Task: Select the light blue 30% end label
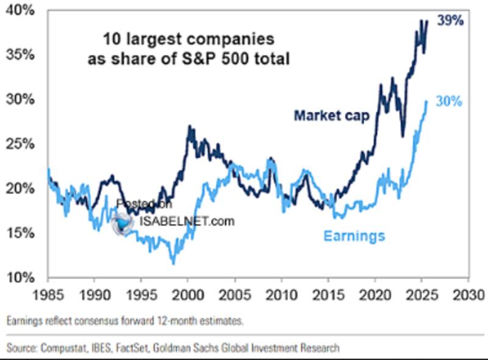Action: [x=450, y=103]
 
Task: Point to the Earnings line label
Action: [x=354, y=236]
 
